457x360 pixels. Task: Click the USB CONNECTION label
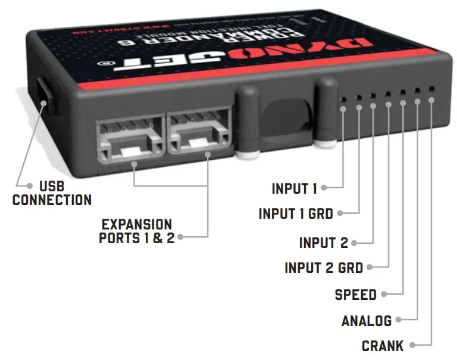52,193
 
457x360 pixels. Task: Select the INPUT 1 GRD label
296,213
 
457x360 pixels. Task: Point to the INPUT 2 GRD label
324,268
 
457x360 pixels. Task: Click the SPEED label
356,294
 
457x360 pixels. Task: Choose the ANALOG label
367,321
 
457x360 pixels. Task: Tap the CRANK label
383,346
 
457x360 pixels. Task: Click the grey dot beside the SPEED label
384,294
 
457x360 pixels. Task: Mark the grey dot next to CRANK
412,345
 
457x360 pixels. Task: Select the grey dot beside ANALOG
399,320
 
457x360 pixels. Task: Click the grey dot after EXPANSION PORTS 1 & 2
180,237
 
